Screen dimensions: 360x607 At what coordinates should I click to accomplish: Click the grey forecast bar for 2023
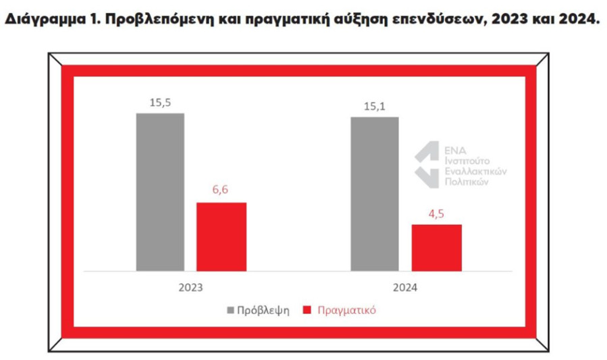click(160, 192)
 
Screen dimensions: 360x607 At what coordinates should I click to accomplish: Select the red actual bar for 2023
click(221, 236)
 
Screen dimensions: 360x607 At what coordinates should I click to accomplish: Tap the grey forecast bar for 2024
click(374, 194)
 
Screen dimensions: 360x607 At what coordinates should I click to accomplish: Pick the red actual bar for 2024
click(436, 247)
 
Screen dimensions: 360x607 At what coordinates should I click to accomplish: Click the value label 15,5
click(160, 102)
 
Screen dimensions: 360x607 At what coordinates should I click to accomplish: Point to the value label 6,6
click(221, 191)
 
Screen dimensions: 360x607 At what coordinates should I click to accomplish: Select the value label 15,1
click(374, 106)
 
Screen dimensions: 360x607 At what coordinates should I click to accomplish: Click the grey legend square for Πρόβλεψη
click(230, 311)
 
